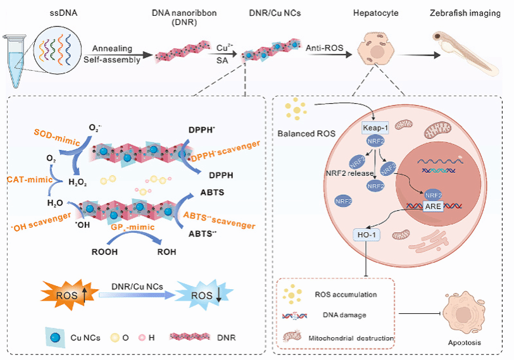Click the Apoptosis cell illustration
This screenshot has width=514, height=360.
[x=466, y=314]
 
